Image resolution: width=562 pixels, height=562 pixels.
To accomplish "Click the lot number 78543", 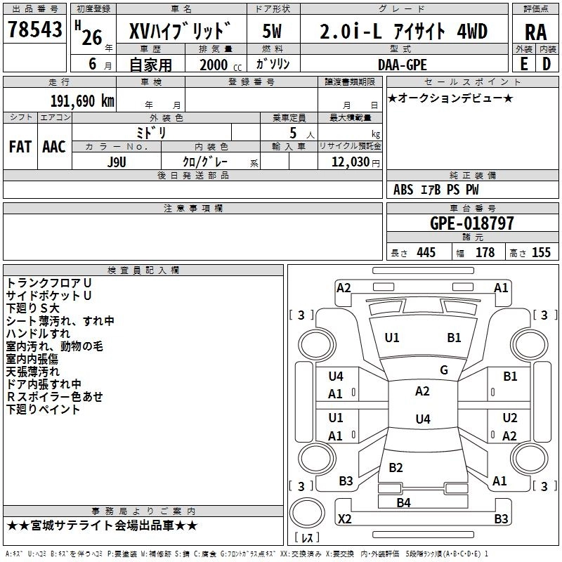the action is click(34, 30).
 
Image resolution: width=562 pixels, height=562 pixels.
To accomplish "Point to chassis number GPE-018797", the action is click(471, 223).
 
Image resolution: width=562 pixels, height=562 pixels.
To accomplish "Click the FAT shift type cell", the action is click(20, 147).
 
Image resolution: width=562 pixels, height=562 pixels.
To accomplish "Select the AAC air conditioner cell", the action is click(54, 147).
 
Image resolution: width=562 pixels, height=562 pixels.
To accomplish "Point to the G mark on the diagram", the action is click(444, 370).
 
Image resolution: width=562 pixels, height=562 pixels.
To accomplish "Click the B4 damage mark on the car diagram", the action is click(403, 502).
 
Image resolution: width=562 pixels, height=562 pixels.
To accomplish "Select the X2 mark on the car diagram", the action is click(345, 519).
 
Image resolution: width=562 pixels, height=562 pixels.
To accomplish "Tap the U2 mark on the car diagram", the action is click(510, 417).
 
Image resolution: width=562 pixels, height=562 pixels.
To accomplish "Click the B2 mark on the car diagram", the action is click(396, 468).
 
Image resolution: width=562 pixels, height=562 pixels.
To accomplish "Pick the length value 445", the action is click(425, 253).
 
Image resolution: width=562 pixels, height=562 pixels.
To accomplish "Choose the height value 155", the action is click(541, 253).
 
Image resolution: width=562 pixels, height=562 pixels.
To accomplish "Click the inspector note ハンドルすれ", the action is click(38, 334).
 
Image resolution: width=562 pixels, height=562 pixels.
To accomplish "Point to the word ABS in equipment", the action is click(403, 189).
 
